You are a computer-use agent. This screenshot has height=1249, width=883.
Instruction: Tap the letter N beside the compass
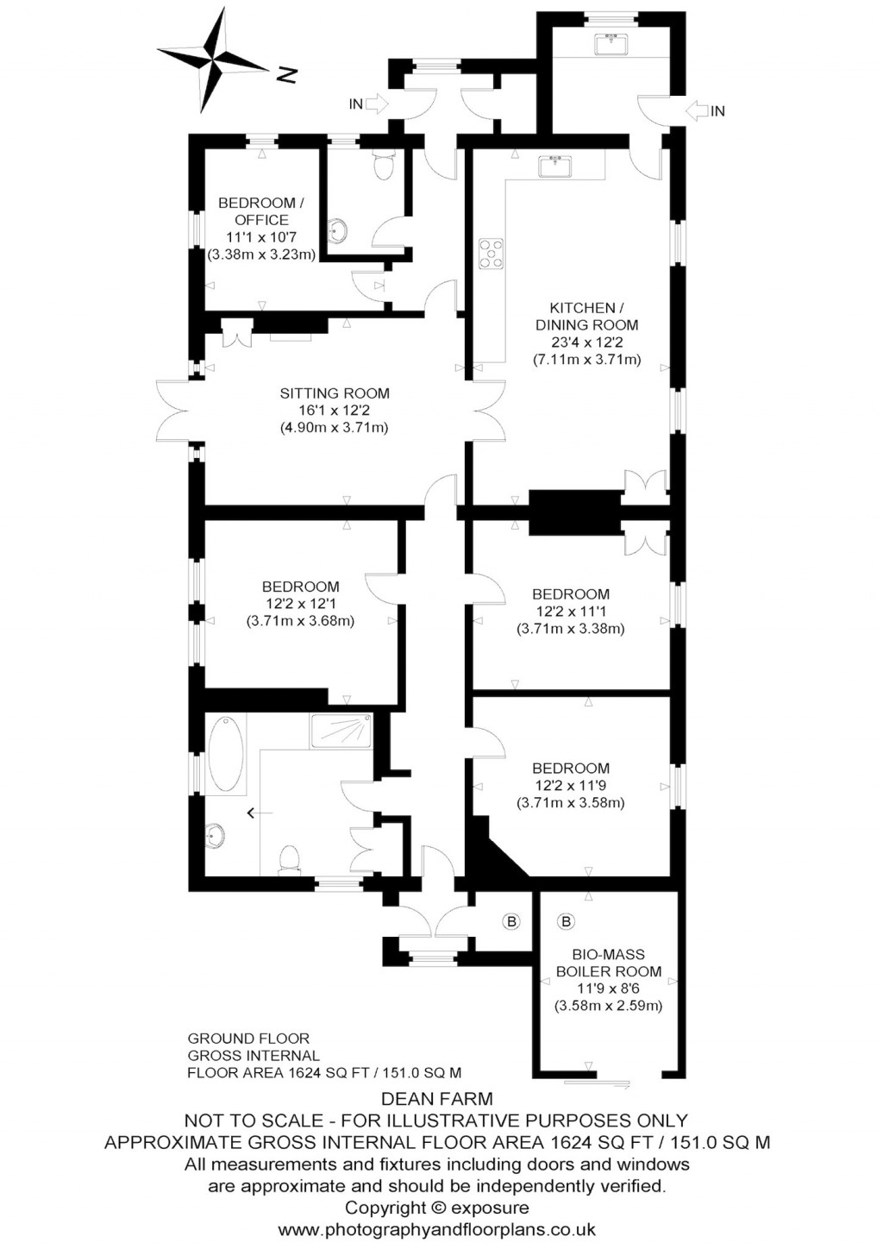[286, 76]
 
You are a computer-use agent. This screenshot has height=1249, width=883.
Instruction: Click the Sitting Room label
[334, 393]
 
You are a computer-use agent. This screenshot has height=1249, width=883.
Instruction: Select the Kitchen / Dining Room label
[586, 317]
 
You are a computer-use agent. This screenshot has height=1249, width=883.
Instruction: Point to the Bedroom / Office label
[260, 211]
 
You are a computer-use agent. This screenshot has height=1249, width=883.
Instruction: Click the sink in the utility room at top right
[613, 42]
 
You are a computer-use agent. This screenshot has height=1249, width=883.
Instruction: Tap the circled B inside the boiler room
[567, 922]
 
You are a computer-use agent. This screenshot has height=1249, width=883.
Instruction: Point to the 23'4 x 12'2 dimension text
[586, 342]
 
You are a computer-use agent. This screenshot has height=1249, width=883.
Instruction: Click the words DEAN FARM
[436, 1099]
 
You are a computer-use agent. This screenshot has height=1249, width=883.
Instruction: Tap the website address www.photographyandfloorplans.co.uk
[436, 1229]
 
